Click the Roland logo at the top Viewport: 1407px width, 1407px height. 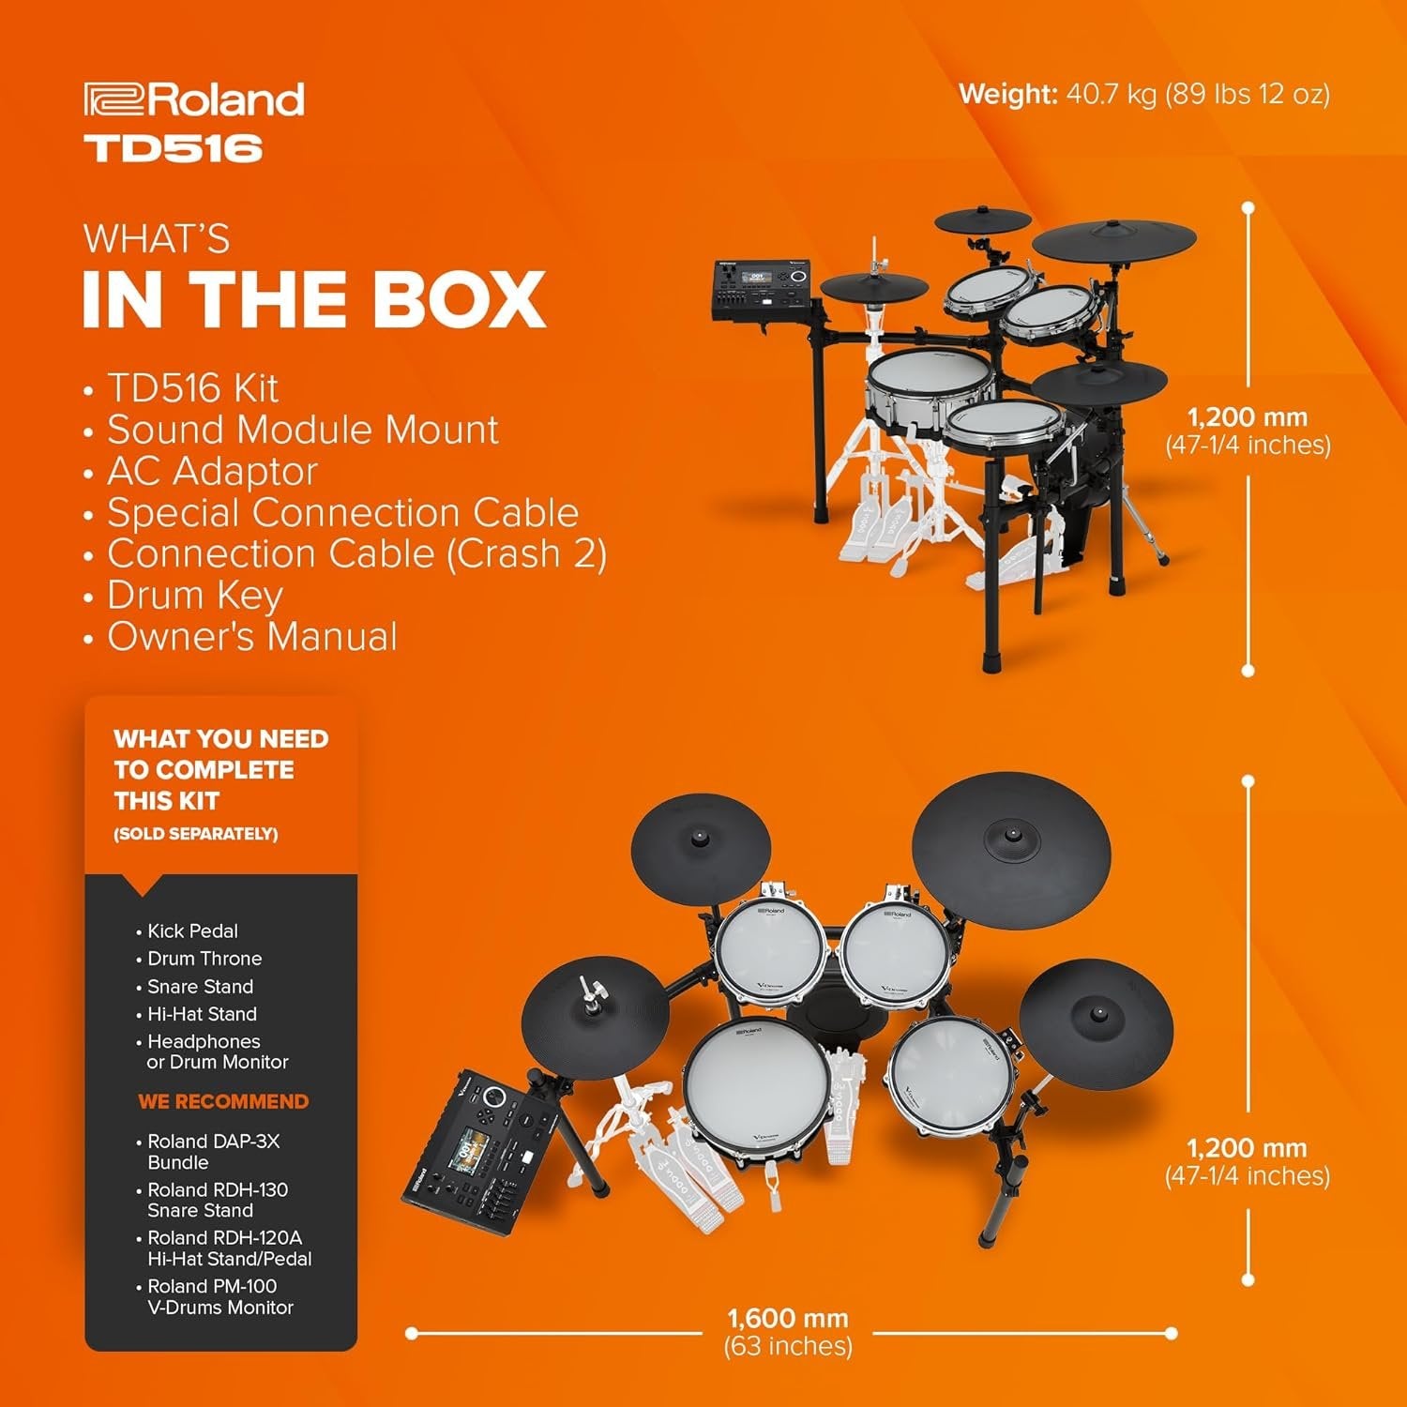[x=194, y=99]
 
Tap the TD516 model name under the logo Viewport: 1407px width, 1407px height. [x=174, y=148]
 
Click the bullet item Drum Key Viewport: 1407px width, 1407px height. [x=194, y=595]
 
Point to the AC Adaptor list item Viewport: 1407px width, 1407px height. [x=212, y=471]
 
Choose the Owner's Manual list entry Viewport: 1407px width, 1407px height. [x=251, y=636]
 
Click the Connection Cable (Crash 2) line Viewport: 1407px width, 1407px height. [x=356, y=553]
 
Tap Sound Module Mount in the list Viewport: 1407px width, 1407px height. [x=302, y=430]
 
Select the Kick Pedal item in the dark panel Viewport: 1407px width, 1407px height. [x=192, y=930]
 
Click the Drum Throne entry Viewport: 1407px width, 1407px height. [x=204, y=959]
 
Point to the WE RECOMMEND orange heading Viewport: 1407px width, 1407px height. [x=223, y=1101]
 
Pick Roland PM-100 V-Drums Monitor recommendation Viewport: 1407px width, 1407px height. [x=219, y=1296]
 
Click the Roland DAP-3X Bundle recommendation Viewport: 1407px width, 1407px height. [x=213, y=1151]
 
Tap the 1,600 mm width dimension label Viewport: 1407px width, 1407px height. [x=787, y=1318]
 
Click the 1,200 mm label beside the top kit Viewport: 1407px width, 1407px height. [x=1247, y=417]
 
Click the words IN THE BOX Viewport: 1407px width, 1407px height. [x=314, y=300]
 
